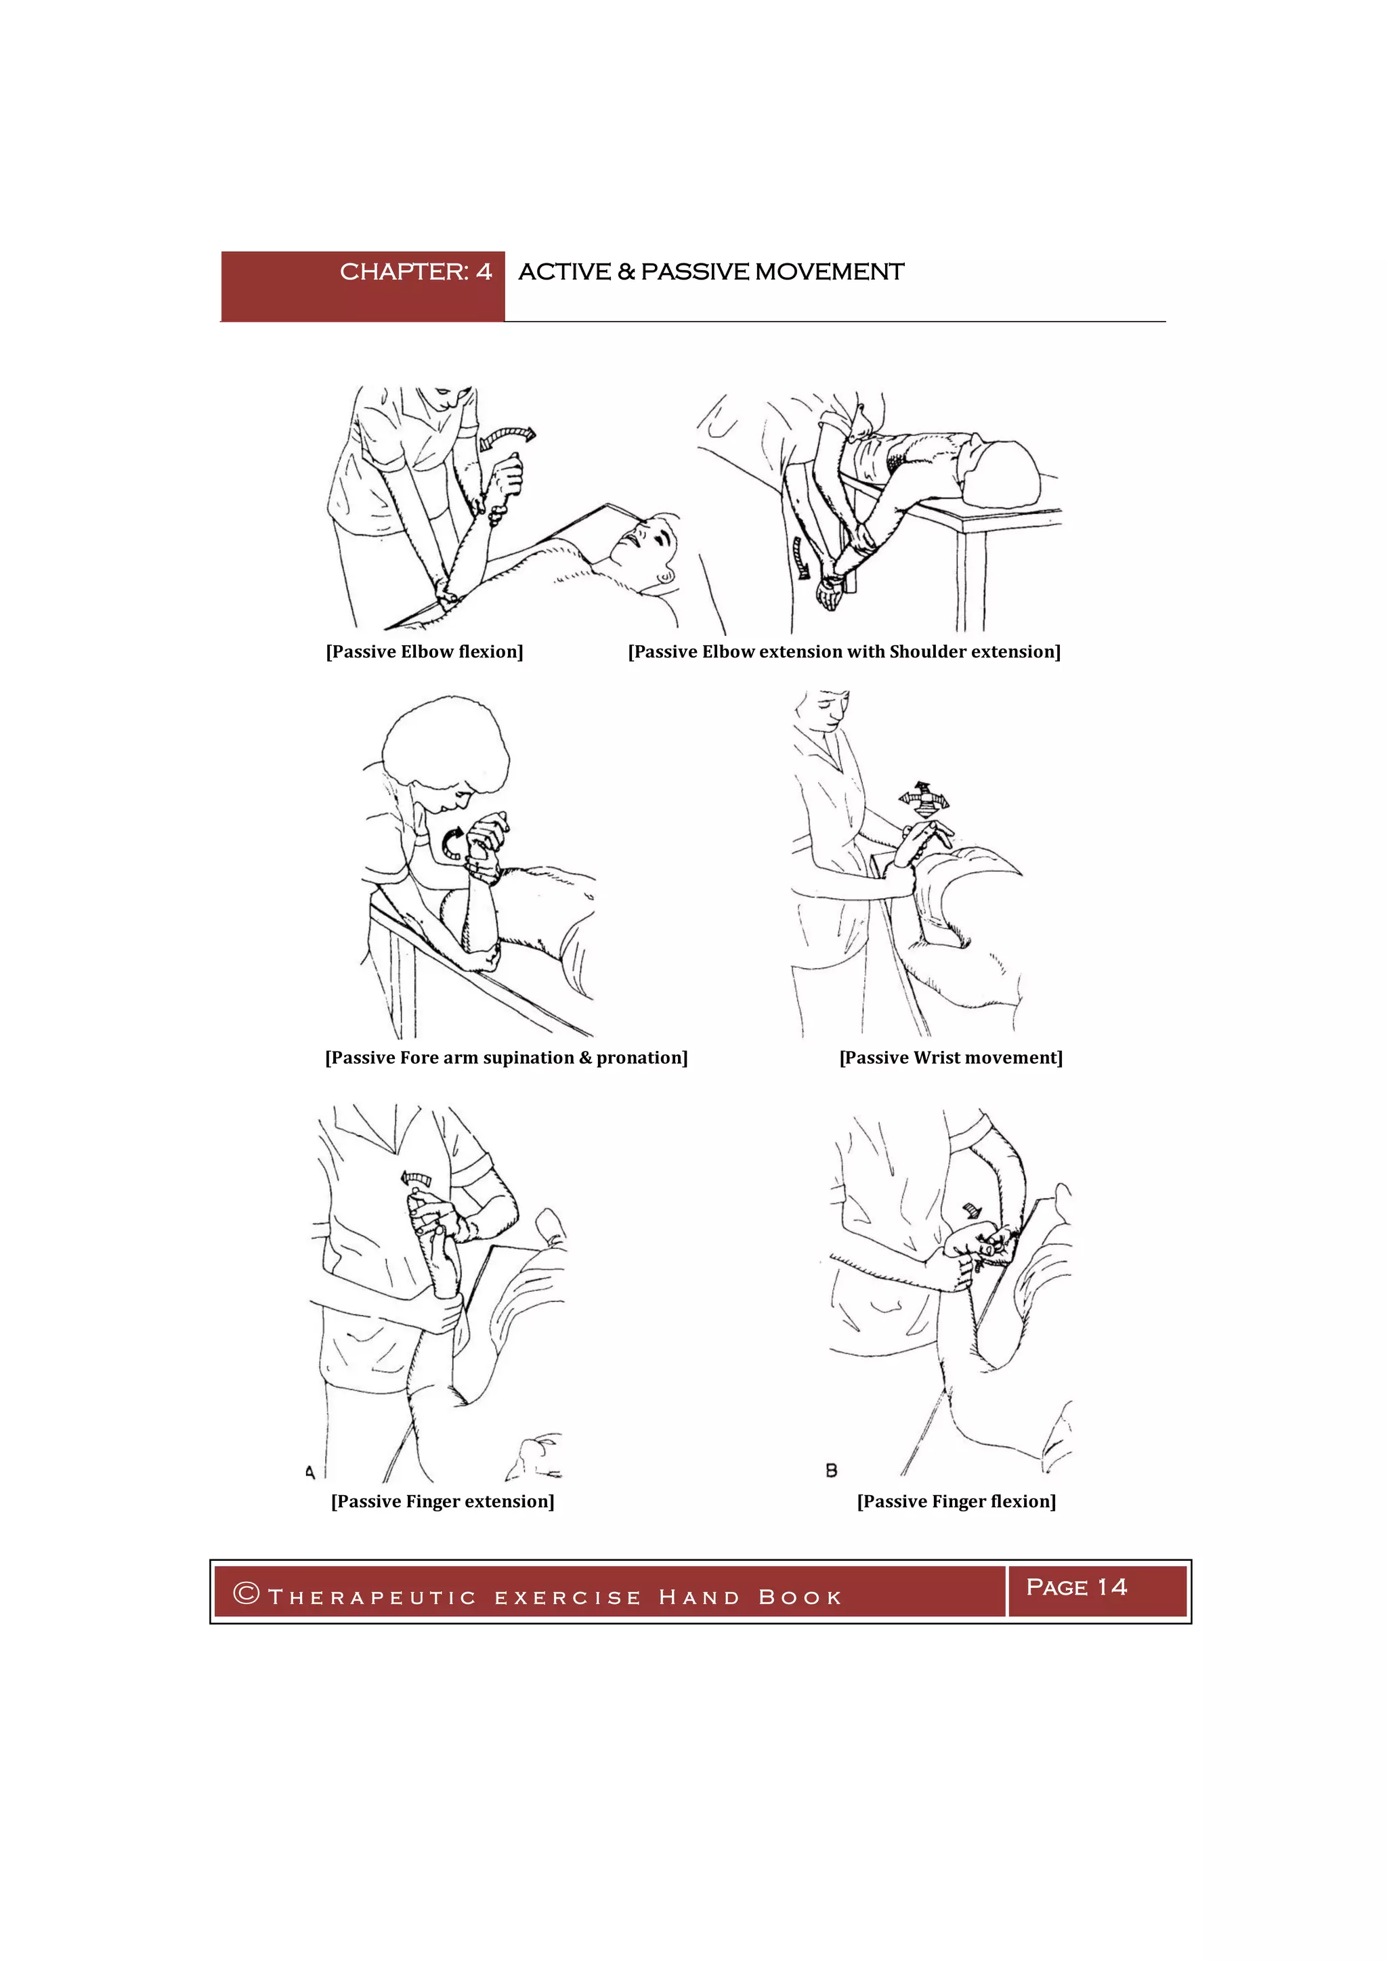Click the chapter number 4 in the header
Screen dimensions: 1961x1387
coord(484,272)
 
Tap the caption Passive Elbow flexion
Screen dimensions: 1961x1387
coord(425,651)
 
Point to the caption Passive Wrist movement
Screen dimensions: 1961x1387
coord(951,1058)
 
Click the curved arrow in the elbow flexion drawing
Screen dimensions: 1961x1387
coord(507,437)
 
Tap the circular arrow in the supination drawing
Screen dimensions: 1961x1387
coord(452,843)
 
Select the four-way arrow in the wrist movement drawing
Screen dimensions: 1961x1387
coord(922,798)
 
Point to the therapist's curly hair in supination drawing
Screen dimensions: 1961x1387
coord(445,741)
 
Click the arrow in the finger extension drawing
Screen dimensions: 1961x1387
coord(416,1180)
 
